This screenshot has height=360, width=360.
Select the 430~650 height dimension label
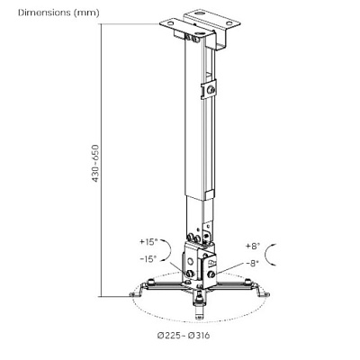pos(95,164)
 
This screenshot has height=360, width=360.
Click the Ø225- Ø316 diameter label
pos(184,335)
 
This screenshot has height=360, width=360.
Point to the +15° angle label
pos(148,241)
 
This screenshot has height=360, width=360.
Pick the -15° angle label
pos(148,258)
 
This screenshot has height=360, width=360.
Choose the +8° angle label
pos(253,246)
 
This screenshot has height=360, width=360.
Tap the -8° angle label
pos(252,263)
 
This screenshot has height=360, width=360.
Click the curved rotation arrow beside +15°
pos(170,249)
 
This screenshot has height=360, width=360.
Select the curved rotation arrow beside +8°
pos(265,255)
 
